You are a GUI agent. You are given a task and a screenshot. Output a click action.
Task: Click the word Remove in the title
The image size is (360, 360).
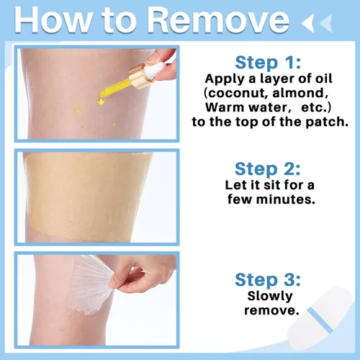[218, 19]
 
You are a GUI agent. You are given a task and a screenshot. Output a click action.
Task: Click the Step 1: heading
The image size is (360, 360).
[268, 63]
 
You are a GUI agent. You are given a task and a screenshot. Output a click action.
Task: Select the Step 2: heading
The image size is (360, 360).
[268, 169]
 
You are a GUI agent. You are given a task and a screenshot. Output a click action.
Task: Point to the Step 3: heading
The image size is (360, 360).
[268, 280]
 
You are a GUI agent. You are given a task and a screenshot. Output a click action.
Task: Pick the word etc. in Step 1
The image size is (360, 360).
[316, 107]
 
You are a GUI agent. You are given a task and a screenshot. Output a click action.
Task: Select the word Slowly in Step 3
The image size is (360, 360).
[270, 297]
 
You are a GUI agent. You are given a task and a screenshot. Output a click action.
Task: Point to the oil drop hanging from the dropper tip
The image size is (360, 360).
[101, 102]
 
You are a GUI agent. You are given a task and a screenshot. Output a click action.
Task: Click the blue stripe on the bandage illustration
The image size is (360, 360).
[320, 320]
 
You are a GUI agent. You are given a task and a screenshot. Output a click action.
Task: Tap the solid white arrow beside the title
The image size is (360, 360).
[308, 23]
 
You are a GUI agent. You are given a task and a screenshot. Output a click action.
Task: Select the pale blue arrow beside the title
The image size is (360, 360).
[326, 23]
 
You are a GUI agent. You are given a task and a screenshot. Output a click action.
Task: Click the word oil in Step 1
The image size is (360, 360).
[323, 78]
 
